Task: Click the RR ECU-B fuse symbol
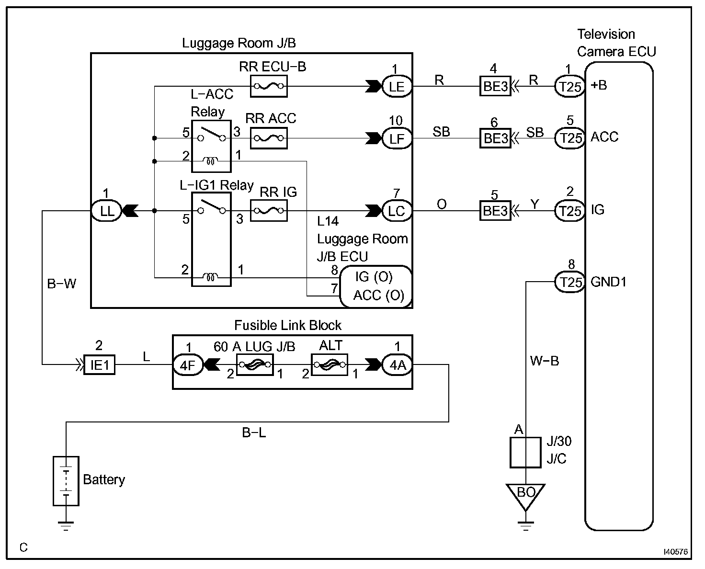(268, 86)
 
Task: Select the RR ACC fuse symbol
(268, 138)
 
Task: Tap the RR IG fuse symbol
(268, 211)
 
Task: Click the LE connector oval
(397, 86)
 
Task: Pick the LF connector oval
(397, 138)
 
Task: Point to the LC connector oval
(397, 211)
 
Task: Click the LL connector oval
(107, 211)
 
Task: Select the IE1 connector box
(99, 365)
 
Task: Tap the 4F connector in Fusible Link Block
(188, 365)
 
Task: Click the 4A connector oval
(397, 365)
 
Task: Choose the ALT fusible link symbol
(330, 365)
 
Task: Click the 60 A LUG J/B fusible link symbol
(255, 365)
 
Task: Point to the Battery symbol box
(66, 481)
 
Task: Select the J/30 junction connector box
(525, 453)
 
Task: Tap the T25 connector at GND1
(570, 282)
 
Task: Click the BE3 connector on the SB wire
(496, 138)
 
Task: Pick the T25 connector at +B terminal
(570, 86)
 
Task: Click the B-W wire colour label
(62, 284)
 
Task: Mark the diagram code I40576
(675, 552)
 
